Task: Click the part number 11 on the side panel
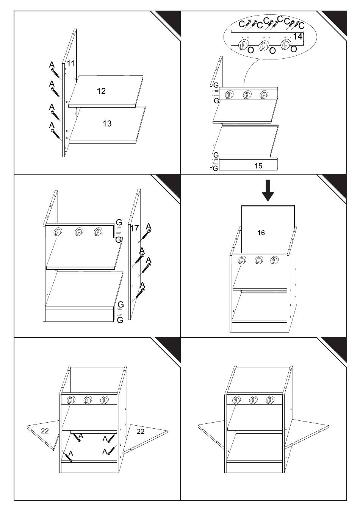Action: coord(70,63)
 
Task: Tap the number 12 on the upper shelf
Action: coord(101,91)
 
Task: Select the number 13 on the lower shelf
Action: coord(107,124)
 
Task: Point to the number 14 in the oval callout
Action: coord(297,36)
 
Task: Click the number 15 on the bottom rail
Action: coord(258,166)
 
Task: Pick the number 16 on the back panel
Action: coord(261,233)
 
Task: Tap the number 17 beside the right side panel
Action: coord(135,228)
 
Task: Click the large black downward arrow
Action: coord(268,190)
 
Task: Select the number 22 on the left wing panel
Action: coord(45,431)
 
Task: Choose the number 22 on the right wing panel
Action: coord(141,431)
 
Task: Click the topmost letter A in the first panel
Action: coord(52,65)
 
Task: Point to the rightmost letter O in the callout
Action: coord(294,49)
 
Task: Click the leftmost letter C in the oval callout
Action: coord(242,24)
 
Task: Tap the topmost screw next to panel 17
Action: coord(146,235)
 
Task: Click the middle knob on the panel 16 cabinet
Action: coord(258,260)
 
